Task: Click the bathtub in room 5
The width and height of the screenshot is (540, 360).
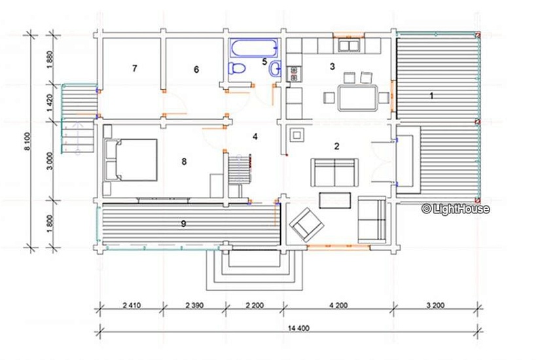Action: (254, 48)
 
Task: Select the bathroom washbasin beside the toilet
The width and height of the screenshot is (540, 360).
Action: (276, 67)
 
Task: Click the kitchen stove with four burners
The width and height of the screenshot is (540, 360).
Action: (294, 74)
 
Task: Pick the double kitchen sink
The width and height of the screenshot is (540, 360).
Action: (349, 45)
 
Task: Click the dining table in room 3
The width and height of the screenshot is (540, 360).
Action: (358, 98)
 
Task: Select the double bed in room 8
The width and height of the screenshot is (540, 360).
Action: (131, 160)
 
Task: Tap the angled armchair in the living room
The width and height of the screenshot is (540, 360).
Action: (307, 225)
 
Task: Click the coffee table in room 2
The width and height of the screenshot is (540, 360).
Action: (335, 200)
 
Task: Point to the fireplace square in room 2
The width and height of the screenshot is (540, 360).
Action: (297, 134)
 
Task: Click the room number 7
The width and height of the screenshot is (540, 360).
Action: (134, 68)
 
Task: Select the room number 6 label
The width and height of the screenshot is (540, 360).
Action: (196, 69)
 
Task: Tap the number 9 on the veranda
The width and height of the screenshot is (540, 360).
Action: (183, 224)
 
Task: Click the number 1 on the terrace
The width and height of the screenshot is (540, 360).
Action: (431, 96)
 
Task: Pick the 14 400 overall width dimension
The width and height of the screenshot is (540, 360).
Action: (298, 328)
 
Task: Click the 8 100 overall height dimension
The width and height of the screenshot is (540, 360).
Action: (28, 141)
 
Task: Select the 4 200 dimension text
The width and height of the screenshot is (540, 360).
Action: (338, 305)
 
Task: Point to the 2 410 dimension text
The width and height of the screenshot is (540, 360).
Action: (132, 305)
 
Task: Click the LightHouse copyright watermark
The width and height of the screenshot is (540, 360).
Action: (456, 208)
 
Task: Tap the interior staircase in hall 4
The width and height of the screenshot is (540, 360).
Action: (239, 169)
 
